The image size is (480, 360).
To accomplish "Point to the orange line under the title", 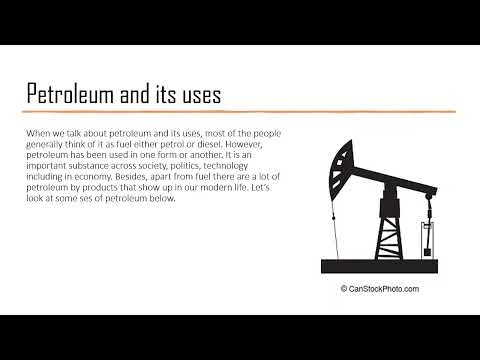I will click(x=240, y=111).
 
